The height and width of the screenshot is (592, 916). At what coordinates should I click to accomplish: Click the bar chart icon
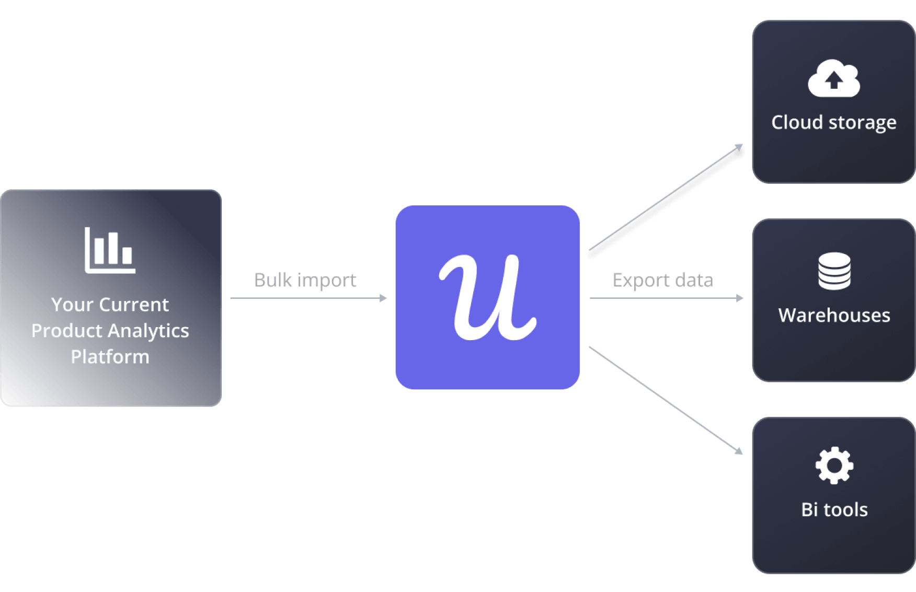click(110, 250)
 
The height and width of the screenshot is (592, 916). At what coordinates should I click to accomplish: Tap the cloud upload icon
click(833, 79)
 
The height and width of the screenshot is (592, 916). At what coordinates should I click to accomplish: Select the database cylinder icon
click(834, 271)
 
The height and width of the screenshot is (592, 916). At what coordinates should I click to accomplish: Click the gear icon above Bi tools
click(834, 465)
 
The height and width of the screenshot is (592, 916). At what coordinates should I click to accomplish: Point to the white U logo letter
click(487, 297)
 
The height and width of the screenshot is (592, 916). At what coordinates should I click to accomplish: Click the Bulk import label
click(305, 281)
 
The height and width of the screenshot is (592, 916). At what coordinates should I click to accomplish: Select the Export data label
click(662, 281)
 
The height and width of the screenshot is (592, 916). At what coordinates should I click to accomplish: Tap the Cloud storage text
click(833, 123)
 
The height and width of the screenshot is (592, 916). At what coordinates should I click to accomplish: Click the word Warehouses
click(834, 316)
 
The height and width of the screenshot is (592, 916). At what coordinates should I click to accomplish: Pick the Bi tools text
click(834, 509)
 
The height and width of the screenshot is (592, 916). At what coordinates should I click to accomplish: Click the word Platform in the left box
click(110, 357)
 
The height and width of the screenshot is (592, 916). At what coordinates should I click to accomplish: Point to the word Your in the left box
click(72, 305)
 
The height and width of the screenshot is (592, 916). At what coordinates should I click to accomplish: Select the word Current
click(134, 305)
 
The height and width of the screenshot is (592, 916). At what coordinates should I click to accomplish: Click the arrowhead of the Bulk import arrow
click(384, 298)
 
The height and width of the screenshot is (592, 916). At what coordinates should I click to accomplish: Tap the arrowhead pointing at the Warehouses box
click(740, 298)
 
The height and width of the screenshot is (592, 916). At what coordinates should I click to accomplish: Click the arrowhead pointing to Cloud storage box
click(739, 147)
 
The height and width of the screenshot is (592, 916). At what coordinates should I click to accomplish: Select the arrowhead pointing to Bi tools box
click(739, 450)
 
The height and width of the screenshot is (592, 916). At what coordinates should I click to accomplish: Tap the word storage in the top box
click(862, 123)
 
